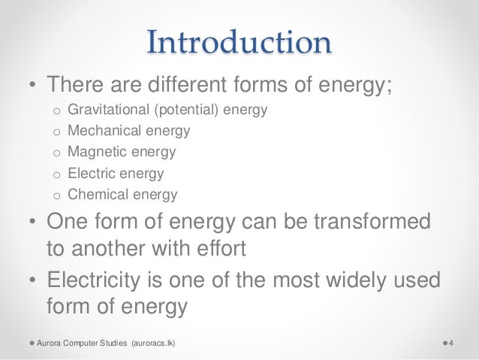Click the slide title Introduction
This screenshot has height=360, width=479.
click(x=239, y=42)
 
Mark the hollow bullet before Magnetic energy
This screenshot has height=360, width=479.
click(x=54, y=153)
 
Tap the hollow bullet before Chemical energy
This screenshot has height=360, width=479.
click(x=54, y=195)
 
